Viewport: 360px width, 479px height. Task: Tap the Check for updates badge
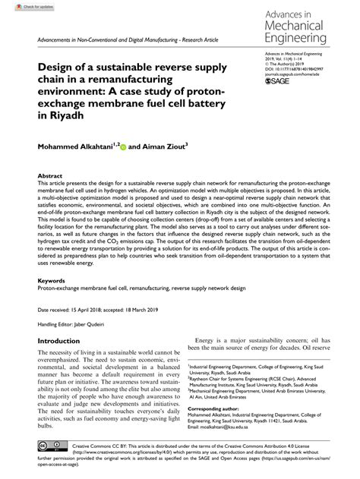click(x=21, y=5)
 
